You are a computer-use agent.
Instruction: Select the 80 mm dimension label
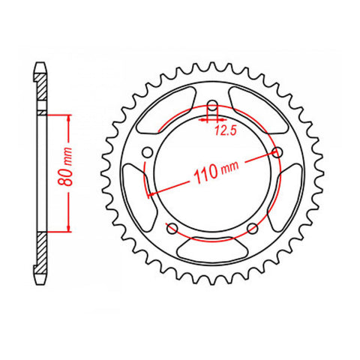[65, 172]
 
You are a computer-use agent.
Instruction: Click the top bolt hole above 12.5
[211, 105]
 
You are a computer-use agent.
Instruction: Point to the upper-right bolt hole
[278, 152]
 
